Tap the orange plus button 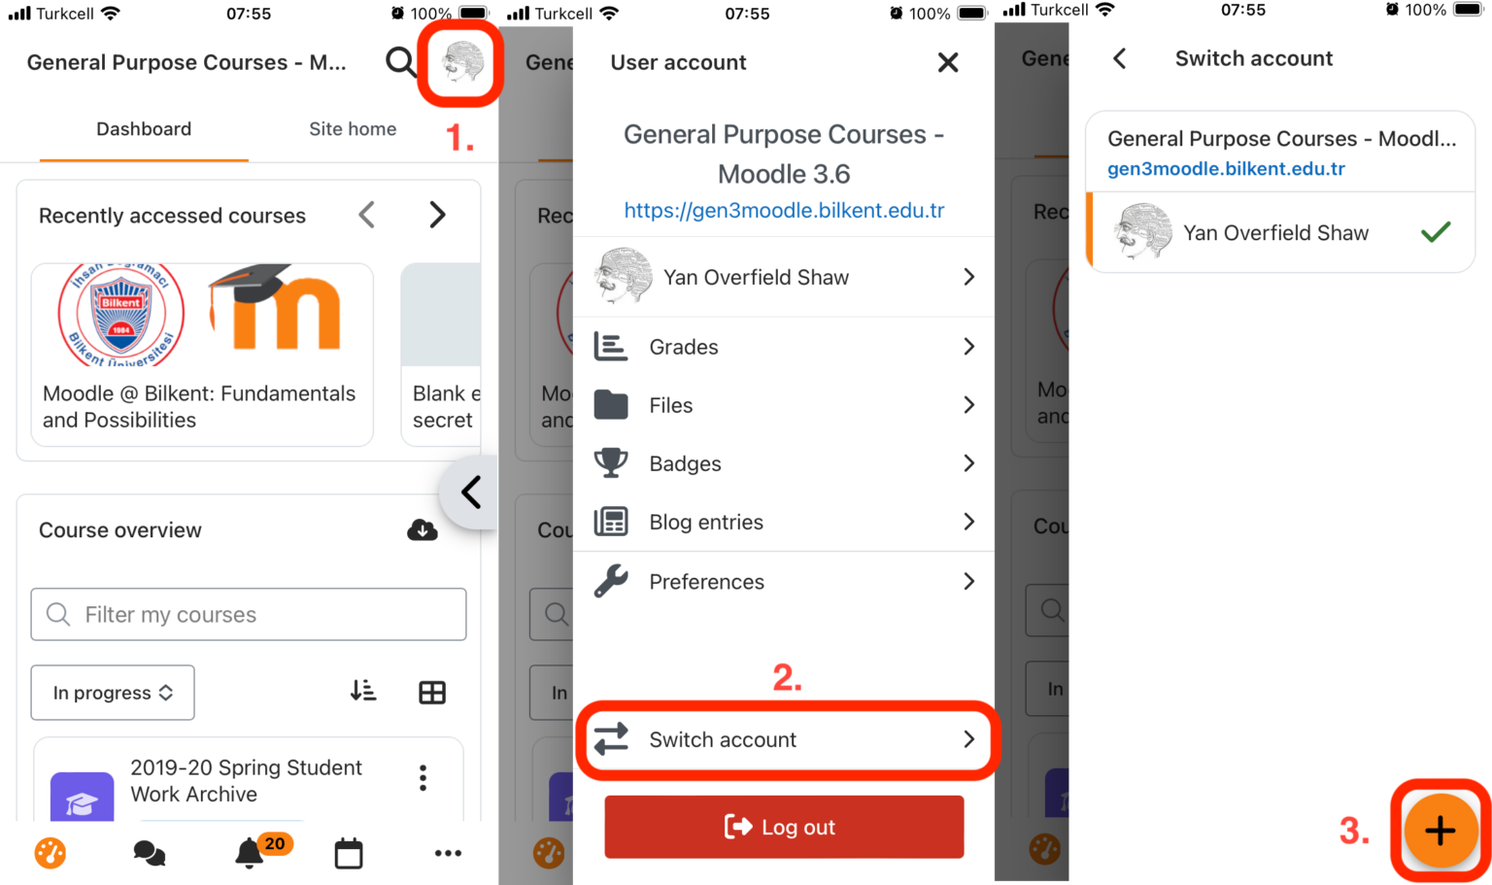tap(1441, 831)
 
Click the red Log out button tap(784, 827)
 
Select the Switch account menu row tap(785, 740)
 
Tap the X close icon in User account tap(948, 63)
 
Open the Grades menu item tap(784, 347)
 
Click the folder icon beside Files tap(611, 405)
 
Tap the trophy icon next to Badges tap(611, 463)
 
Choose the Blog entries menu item tap(784, 523)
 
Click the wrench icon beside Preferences tap(611, 581)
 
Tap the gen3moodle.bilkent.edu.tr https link tap(784, 211)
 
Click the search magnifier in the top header tap(400, 62)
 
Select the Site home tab tap(353, 129)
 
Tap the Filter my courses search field tap(249, 615)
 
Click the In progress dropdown tap(113, 693)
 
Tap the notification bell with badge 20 tap(251, 852)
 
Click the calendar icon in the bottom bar tap(349, 854)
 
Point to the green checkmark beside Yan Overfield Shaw tap(1436, 232)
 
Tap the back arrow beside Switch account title tap(1120, 59)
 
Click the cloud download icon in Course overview tap(423, 530)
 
